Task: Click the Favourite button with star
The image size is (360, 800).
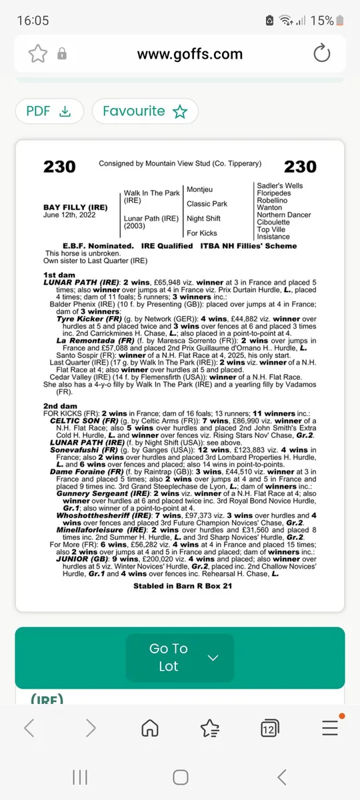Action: click(x=145, y=111)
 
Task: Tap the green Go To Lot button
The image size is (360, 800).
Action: click(x=180, y=657)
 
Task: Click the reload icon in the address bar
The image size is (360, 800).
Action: click(x=321, y=53)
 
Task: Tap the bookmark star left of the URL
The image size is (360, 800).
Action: click(x=37, y=53)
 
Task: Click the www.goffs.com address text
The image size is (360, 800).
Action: click(x=189, y=54)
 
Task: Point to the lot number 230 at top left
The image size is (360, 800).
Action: click(x=59, y=167)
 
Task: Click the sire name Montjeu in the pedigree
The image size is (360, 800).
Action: click(x=199, y=190)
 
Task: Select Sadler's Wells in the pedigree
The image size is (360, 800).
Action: click(x=279, y=186)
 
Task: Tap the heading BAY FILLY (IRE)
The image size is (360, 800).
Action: click(x=71, y=207)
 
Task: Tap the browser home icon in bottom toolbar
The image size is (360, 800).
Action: click(x=151, y=727)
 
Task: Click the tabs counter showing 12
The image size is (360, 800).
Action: click(x=269, y=728)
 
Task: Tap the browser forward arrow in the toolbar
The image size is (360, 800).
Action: click(x=91, y=727)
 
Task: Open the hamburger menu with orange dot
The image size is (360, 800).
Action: click(x=329, y=727)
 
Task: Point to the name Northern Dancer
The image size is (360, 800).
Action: click(x=284, y=215)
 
